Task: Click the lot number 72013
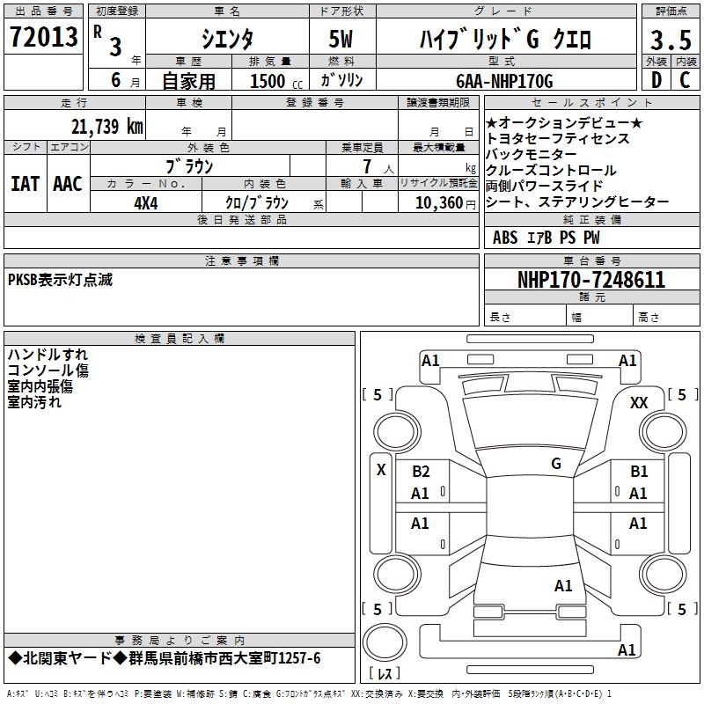coord(43,36)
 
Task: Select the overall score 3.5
coord(671,40)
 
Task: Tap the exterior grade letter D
coord(656,80)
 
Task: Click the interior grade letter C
coord(685,80)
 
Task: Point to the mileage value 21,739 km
coord(106,127)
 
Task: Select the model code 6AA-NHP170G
coord(504,81)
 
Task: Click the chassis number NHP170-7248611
coord(591,280)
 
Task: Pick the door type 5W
coord(341,39)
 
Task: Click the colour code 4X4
coord(146,203)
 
